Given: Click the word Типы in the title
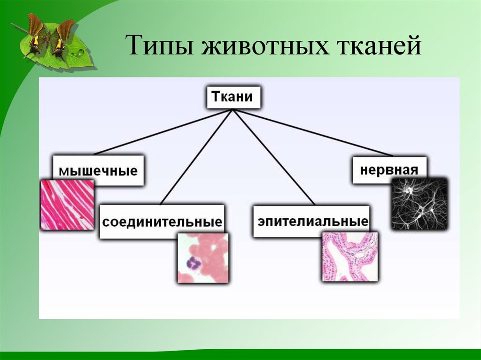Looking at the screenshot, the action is pyautogui.click(x=160, y=46).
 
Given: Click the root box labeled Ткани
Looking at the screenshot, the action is pyautogui.click(x=233, y=97).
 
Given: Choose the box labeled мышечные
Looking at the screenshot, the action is pyautogui.click(x=98, y=170).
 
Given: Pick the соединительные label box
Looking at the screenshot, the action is pyautogui.click(x=162, y=222).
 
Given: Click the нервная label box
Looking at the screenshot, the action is pyautogui.click(x=389, y=170).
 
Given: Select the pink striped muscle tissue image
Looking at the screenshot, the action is pyautogui.click(x=67, y=205).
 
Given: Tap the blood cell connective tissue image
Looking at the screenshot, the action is pyautogui.click(x=203, y=258).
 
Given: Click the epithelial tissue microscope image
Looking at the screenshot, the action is pyautogui.click(x=349, y=257).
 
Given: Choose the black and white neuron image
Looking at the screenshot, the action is pyautogui.click(x=419, y=204).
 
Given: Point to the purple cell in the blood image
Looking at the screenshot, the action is pyautogui.click(x=193, y=262).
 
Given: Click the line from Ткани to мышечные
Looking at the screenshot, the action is pyautogui.click(x=163, y=132).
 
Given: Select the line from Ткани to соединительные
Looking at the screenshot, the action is pyautogui.click(x=197, y=157).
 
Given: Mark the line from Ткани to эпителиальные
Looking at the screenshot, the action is pyautogui.click(x=274, y=157).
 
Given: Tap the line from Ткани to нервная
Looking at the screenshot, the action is pyautogui.click(x=313, y=133).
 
